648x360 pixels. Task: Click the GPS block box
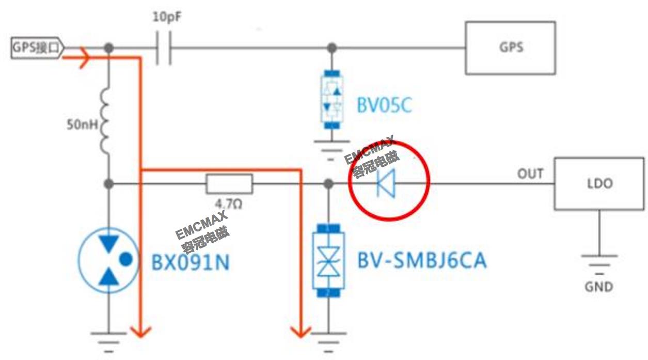510,48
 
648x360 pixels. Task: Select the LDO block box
599,184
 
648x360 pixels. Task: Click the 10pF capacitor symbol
163,48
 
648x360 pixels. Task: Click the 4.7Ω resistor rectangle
229,183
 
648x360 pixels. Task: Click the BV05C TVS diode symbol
332,100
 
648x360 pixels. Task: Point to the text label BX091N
190,262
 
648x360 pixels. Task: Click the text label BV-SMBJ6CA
421,261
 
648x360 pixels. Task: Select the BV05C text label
384,106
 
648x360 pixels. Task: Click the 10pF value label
167,17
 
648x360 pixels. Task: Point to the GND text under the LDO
599,286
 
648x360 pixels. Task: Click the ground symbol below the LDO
599,261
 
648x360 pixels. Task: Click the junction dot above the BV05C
333,48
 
